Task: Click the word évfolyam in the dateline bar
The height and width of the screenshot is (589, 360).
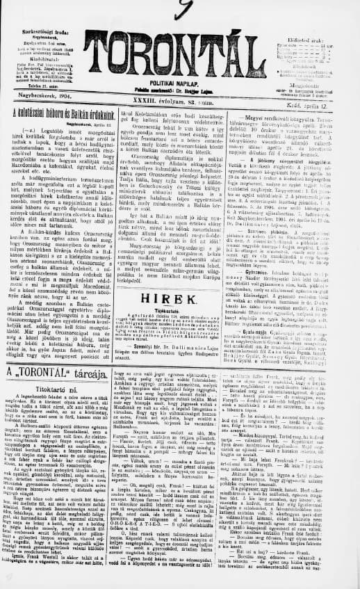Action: [156, 103]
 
